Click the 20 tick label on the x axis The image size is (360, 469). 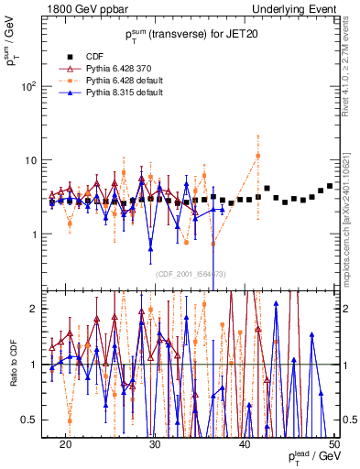(x=66, y=444)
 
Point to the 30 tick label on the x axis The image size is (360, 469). (x=155, y=444)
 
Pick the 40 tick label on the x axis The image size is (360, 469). (x=245, y=444)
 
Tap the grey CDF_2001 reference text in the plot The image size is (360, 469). (x=191, y=274)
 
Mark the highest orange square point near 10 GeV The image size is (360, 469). (x=258, y=155)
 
